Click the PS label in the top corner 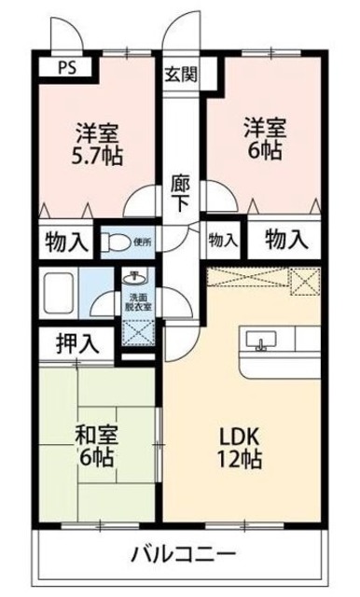pyautogui.click(x=67, y=66)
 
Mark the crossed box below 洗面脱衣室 pyautogui.click(x=138, y=332)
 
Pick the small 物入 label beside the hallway pyautogui.click(x=222, y=241)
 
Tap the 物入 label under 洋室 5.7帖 pyautogui.click(x=66, y=243)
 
